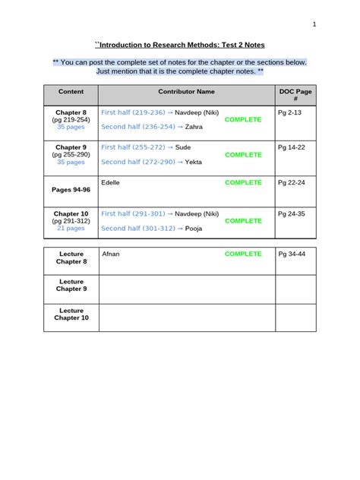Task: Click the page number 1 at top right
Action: [x=314, y=24]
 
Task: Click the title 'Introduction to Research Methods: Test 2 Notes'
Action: [x=179, y=46]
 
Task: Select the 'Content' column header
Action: [x=71, y=91]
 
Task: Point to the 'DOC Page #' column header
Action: [x=295, y=96]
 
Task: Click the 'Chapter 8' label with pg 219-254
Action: [x=71, y=112]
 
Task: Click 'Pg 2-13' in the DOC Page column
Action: [x=289, y=112]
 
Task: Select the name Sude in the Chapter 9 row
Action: [x=183, y=147]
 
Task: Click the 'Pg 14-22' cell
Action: [x=291, y=147]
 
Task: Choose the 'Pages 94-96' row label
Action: [x=71, y=189]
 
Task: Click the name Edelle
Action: [x=110, y=182]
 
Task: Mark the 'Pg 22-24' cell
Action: [x=291, y=182]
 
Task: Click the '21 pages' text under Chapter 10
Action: [x=71, y=228]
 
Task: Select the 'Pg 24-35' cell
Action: [x=291, y=213]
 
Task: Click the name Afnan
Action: [x=111, y=254]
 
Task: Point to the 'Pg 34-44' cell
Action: [x=291, y=254]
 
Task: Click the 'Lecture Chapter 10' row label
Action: [x=71, y=314]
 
